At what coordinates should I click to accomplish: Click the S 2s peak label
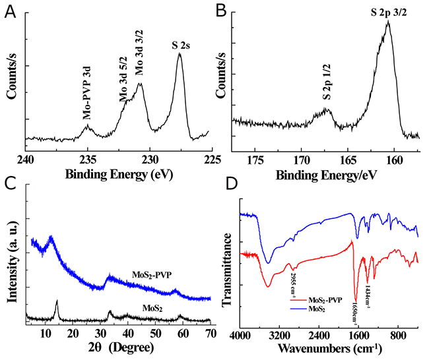(179, 44)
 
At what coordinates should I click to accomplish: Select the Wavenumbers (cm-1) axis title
(325, 347)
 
